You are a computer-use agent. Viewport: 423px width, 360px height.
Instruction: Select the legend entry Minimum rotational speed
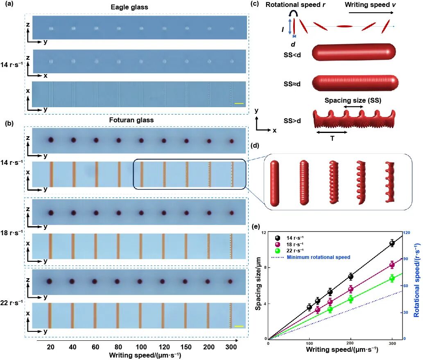(318, 257)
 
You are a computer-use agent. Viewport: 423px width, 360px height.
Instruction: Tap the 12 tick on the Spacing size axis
(264, 233)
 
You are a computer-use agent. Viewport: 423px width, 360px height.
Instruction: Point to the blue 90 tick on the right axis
(406, 259)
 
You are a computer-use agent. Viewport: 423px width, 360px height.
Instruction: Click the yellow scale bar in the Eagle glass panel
(239, 104)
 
